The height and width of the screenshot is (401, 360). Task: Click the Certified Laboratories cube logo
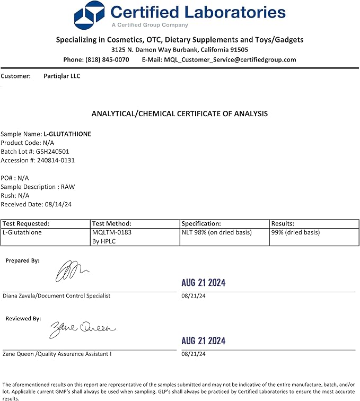[x=90, y=15]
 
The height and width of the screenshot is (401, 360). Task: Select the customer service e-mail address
[x=230, y=60]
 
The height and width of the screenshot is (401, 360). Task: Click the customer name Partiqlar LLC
[x=62, y=76]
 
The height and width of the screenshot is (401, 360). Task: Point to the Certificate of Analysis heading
[x=180, y=114]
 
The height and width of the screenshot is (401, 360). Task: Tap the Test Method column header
[x=111, y=224]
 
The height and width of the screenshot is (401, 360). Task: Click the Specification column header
[x=201, y=224]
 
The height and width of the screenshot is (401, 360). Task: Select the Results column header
[x=283, y=224]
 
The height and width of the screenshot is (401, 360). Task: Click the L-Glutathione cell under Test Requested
[x=22, y=232]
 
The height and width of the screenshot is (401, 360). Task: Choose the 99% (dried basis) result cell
[x=295, y=232]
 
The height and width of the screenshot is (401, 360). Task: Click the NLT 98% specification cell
[x=216, y=232]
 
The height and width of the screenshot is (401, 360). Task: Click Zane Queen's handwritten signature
[x=82, y=329]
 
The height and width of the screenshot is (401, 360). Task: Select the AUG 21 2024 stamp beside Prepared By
[x=203, y=283]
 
